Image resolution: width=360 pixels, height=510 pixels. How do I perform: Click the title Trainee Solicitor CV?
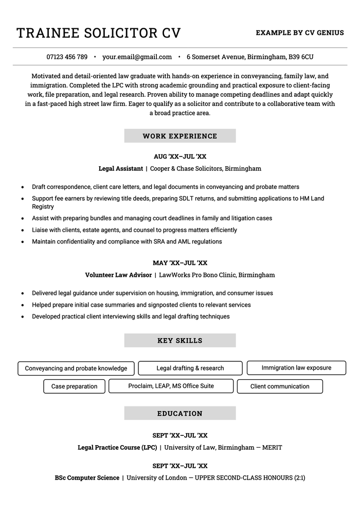(x=99, y=33)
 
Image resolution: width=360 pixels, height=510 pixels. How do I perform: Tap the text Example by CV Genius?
(x=300, y=33)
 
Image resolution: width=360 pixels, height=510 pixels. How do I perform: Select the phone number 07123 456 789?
(x=67, y=57)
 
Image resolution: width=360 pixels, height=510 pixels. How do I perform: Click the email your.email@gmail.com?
(x=137, y=57)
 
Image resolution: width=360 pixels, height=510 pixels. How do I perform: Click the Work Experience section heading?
(x=180, y=136)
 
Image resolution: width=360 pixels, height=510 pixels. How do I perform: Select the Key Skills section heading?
(x=180, y=340)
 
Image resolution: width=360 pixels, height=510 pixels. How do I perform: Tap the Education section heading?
(x=180, y=413)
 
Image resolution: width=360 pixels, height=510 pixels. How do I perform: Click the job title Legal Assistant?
(x=120, y=168)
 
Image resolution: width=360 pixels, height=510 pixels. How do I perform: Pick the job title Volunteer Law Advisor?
(x=118, y=275)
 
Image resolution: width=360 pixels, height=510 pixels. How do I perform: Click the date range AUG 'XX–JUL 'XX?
(x=180, y=156)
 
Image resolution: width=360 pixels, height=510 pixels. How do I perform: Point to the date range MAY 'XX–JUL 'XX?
(x=180, y=263)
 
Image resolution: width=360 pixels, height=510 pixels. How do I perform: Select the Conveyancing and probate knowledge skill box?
(x=76, y=368)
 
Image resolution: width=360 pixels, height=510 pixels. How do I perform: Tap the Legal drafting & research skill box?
(x=190, y=368)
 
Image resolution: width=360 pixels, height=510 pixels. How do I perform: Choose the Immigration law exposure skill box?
(x=296, y=367)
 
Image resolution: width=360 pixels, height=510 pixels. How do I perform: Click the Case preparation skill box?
(x=74, y=386)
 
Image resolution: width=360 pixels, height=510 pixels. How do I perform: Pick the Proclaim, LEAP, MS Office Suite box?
(x=171, y=386)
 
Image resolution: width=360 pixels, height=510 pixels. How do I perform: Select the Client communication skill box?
(x=280, y=386)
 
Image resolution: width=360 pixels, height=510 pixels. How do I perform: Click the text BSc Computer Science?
(x=87, y=478)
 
